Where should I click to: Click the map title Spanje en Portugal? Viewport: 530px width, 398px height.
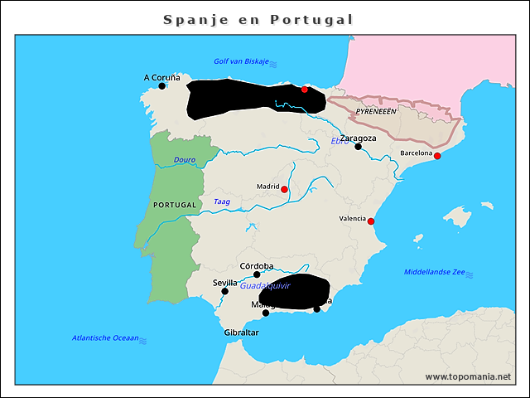(x=258, y=19)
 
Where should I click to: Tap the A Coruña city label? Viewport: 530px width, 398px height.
(x=161, y=77)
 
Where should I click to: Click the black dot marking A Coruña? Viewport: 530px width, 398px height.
(x=162, y=85)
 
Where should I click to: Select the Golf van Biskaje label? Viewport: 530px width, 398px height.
(x=241, y=61)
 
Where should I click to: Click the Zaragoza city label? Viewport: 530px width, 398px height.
(x=359, y=138)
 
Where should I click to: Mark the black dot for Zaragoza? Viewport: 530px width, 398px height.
(x=359, y=147)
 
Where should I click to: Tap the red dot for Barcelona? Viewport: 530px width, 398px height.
(x=437, y=156)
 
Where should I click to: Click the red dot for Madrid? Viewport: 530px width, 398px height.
(x=284, y=190)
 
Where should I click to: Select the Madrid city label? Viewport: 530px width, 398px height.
(x=267, y=187)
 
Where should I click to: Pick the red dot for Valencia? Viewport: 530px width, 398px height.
(x=371, y=221)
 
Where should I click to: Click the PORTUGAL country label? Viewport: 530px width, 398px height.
(x=175, y=204)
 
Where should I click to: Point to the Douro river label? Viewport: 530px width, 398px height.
(x=184, y=160)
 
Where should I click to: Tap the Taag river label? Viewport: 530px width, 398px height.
(x=222, y=201)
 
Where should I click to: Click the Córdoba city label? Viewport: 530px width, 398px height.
(x=256, y=266)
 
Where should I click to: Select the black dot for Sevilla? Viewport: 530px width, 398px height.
(x=224, y=291)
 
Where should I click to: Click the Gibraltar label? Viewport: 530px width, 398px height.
(x=242, y=332)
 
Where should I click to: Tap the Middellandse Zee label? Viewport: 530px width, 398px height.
(x=435, y=272)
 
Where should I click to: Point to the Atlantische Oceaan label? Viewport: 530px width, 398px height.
(x=105, y=337)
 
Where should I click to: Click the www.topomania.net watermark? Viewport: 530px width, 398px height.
(x=468, y=376)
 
